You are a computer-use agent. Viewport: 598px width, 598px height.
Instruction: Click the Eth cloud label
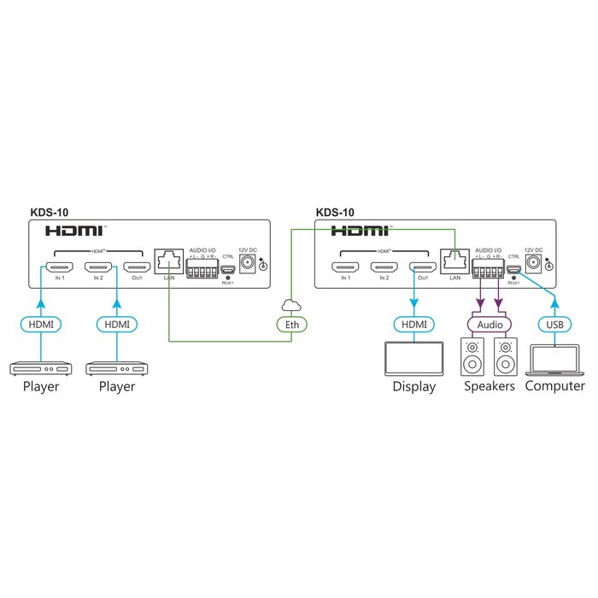291,324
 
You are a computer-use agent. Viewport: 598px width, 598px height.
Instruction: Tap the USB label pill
554,324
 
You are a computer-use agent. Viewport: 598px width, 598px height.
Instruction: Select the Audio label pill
489,324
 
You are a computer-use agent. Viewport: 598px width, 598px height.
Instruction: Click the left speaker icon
473,359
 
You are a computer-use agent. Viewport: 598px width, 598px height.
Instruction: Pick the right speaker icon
506,359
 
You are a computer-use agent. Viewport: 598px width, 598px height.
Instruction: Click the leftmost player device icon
41,369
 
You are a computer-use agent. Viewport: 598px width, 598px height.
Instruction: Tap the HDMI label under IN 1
41,324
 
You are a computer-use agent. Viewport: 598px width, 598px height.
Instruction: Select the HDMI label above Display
415,324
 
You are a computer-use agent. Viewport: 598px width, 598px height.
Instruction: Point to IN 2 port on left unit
93,267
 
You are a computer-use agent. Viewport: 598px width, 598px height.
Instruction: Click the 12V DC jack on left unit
248,265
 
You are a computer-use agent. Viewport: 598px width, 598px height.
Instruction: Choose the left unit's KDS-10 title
49,213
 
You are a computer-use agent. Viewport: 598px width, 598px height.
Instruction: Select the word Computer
554,386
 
